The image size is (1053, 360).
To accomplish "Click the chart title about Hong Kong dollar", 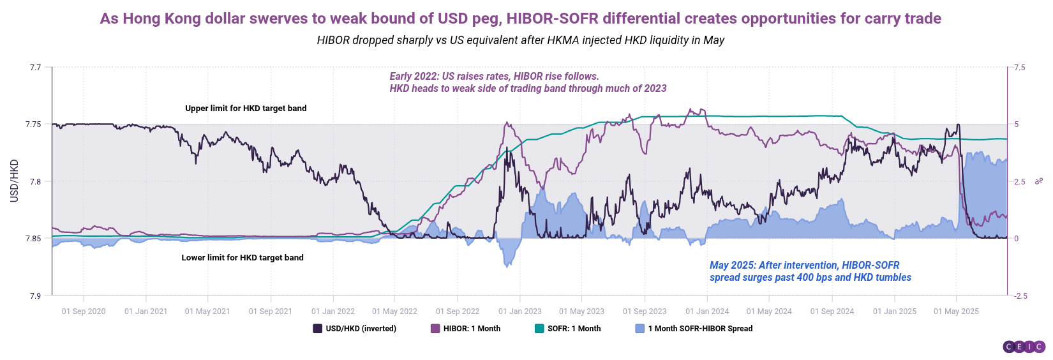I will (520, 19).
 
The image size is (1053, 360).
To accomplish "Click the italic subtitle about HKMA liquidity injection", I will (520, 40).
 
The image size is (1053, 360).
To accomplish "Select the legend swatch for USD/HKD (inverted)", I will (317, 329).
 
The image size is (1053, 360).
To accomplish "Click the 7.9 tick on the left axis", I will (35, 296).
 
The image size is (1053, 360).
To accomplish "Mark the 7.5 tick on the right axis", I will (1019, 68).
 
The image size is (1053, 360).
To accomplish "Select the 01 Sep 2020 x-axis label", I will (84, 311).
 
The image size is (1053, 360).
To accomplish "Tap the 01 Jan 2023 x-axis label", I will (520, 311).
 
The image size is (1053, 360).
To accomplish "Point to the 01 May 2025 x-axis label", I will (956, 311).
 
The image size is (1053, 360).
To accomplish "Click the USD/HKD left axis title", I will (14, 181).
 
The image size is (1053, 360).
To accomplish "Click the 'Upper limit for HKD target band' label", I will (246, 109).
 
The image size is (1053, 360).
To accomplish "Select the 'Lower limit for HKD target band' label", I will (243, 258).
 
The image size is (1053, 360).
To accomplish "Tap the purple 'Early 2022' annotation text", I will (528, 82).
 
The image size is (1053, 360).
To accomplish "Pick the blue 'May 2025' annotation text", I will (810, 271).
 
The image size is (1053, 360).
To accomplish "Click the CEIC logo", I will (1023, 347).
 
